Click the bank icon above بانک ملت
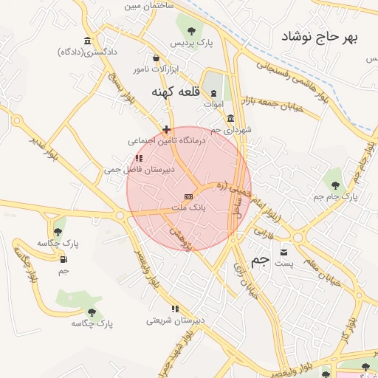point(188,196)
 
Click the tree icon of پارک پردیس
point(192,31)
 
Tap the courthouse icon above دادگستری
point(88,40)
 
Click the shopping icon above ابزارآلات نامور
point(156,58)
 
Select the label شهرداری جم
point(230,130)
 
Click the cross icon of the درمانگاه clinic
point(166,129)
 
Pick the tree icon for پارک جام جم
point(336,185)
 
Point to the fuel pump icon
point(63,259)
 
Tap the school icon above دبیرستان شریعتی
point(175,309)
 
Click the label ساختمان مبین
point(152,5)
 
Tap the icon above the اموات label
point(214,93)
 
